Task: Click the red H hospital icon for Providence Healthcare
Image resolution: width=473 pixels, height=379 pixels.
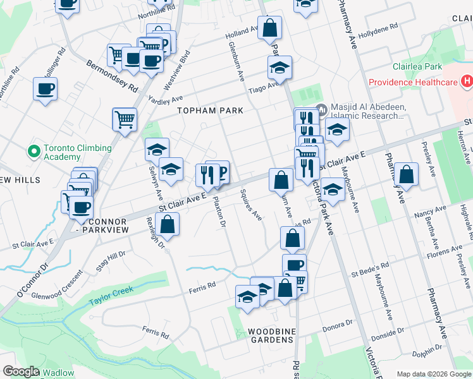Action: tap(467, 81)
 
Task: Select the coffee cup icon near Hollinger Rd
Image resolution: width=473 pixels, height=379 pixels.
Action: tap(45, 89)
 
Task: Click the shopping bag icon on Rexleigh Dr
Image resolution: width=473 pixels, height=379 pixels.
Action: tap(168, 224)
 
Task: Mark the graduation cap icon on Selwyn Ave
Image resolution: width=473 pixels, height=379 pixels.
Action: tap(157, 149)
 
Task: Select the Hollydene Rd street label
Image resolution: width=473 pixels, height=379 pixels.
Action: tap(378, 31)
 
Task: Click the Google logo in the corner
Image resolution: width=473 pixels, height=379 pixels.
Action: tap(20, 371)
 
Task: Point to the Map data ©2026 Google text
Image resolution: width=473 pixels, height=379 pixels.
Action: tap(434, 373)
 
